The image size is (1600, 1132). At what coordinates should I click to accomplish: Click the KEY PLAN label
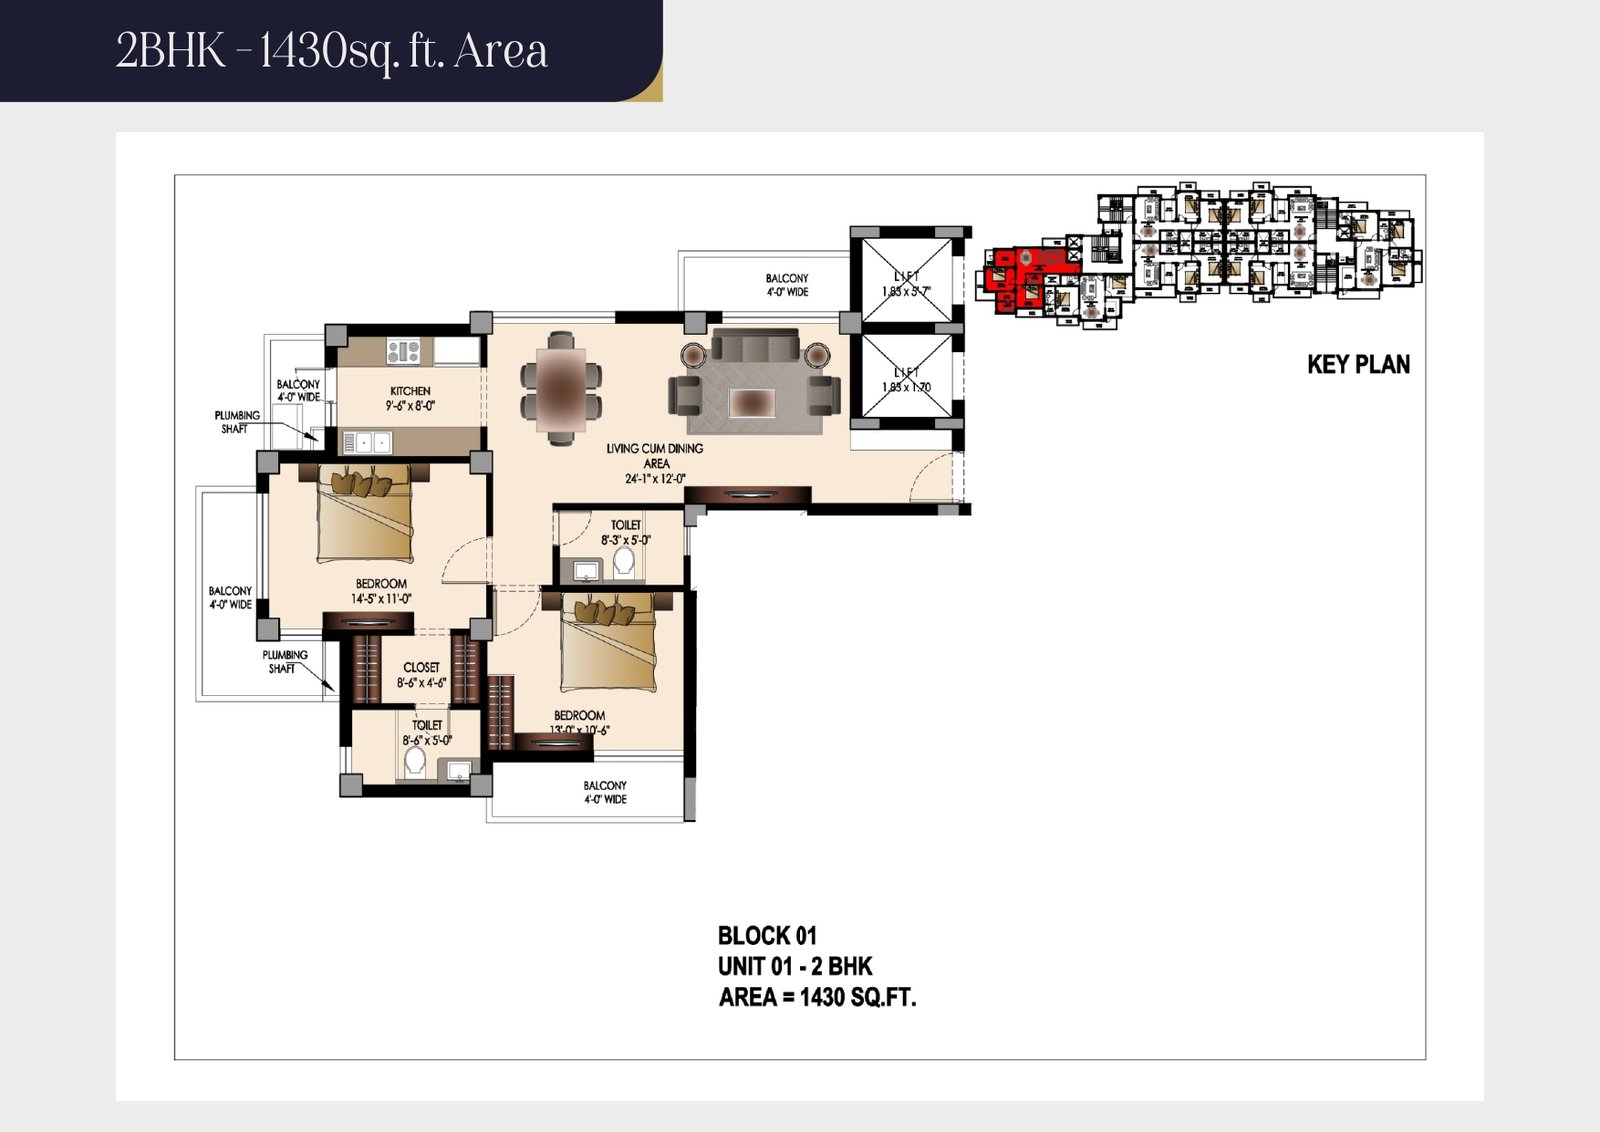(1358, 365)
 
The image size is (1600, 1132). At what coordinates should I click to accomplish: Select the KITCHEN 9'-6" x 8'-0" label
(410, 398)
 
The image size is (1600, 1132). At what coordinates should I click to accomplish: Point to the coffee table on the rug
(752, 402)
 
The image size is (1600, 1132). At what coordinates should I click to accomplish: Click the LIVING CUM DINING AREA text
(655, 463)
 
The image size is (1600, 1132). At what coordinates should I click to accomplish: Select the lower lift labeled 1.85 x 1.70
(906, 379)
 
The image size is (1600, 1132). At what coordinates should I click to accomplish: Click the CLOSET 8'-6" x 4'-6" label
(421, 675)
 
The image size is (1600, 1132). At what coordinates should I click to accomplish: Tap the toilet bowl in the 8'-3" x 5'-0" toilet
(624, 561)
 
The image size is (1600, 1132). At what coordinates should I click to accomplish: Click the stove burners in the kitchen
(404, 351)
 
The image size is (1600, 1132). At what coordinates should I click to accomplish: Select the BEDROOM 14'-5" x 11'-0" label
(381, 591)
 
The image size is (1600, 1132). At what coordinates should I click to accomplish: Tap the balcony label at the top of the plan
(787, 285)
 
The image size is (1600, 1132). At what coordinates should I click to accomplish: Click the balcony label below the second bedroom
(605, 792)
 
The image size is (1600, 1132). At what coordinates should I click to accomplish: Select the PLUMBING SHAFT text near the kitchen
(237, 422)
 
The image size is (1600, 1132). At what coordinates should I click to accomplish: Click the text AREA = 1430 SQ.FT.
(817, 997)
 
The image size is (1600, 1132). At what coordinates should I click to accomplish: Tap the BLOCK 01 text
(767, 936)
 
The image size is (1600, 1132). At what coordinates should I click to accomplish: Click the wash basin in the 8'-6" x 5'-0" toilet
(458, 770)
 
